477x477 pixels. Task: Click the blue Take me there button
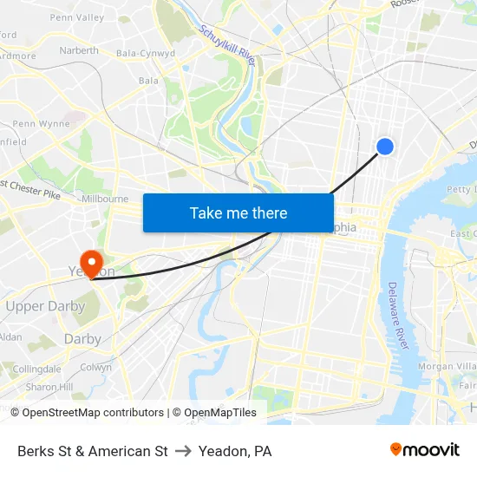238,212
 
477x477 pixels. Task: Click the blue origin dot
385,147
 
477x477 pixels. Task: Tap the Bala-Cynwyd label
146,53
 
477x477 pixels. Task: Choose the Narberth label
79,50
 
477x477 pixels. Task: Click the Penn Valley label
77,17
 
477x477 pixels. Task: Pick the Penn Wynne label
41,124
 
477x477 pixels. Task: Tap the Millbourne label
104,199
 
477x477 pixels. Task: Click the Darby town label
82,339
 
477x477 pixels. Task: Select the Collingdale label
37,369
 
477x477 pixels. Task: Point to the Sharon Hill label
42,387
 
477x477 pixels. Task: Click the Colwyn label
95,367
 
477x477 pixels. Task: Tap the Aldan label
10,337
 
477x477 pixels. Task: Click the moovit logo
425,450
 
